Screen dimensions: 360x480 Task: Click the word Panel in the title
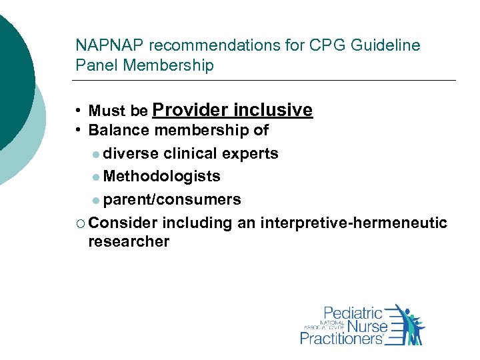93,65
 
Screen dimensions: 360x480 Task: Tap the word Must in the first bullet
104,111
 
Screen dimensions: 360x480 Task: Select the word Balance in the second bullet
116,131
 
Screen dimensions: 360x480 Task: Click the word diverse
131,153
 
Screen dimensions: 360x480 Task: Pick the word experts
252,153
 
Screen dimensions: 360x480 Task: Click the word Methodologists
162,176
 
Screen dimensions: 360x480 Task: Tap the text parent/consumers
172,199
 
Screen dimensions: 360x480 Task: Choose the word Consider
122,223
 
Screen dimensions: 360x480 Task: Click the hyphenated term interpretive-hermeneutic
353,223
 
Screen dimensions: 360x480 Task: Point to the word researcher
129,241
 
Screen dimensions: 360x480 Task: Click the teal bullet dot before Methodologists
97,177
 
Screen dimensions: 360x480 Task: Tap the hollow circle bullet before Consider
80,223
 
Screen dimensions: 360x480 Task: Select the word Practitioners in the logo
342,338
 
